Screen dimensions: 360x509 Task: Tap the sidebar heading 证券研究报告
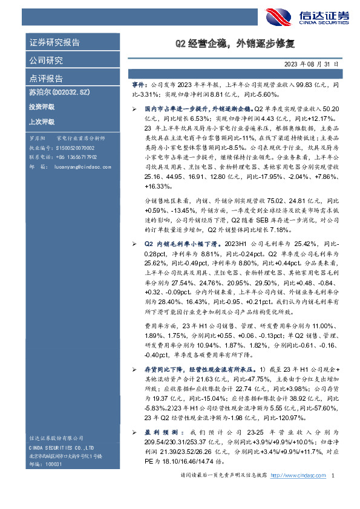[54, 43]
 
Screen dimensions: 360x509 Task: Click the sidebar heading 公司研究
[46, 61]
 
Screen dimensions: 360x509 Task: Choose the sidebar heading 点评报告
[46, 79]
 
